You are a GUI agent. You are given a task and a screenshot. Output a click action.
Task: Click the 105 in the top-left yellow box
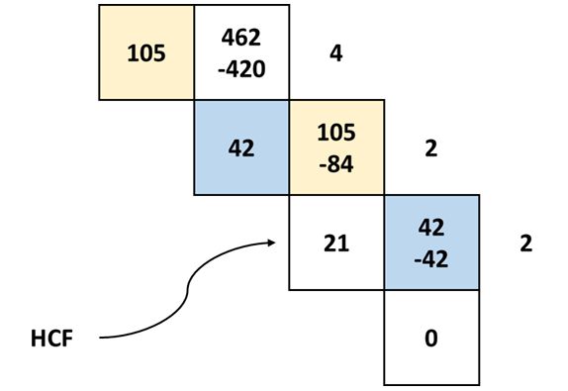(146, 52)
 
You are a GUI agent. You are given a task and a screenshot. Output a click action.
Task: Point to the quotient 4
(335, 52)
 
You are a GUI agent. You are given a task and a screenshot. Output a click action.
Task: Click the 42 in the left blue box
(241, 148)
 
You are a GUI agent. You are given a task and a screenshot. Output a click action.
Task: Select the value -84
(336, 163)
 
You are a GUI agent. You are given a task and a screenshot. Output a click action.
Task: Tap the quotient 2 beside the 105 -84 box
(430, 148)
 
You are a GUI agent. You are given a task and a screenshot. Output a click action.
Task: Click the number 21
(336, 244)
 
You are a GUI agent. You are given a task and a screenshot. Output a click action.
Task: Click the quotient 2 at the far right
(525, 244)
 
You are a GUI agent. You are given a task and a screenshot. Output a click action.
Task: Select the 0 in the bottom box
(430, 339)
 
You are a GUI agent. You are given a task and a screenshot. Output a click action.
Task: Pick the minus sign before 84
(321, 164)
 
